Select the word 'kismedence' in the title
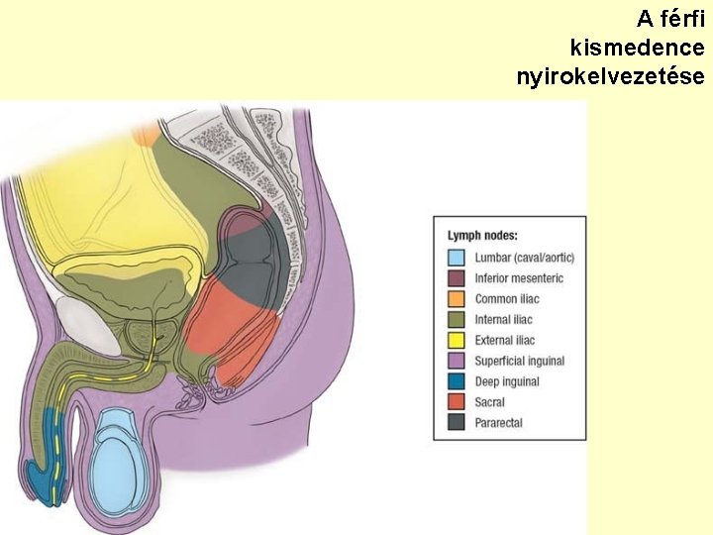pos(638,47)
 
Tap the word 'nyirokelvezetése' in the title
pos(610,75)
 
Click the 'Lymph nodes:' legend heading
pos(482,236)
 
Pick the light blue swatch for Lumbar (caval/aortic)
pos(457,258)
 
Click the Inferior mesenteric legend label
pos(519,278)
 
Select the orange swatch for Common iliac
pos(457,299)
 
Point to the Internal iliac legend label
pos(503,320)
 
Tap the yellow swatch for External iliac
pos(457,341)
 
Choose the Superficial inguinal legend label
pos(520,362)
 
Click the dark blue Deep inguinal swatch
pos(457,381)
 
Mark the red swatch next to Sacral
pos(457,402)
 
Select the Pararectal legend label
pos(498,423)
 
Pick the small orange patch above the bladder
pos(147,135)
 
